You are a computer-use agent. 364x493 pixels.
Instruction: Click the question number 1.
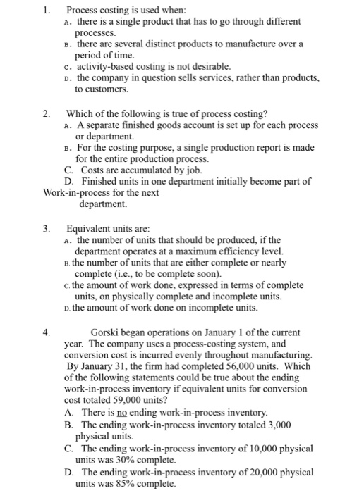(46, 11)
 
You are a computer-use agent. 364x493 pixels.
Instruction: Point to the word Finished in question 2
(101, 182)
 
